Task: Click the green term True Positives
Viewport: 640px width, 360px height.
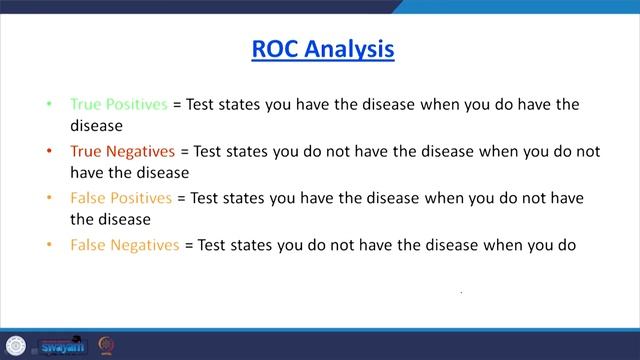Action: pos(118,104)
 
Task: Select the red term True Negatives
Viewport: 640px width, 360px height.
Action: pos(122,151)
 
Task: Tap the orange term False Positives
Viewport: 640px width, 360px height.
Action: pos(121,197)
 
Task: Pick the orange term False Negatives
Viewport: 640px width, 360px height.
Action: pos(125,243)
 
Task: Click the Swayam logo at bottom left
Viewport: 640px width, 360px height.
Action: pos(62,346)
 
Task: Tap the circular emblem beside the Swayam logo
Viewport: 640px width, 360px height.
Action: pos(106,345)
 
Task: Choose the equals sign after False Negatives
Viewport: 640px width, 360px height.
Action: pos(188,243)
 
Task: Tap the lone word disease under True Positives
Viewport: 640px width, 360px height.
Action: pos(96,126)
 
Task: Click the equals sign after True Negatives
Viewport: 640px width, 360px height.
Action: pos(184,151)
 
